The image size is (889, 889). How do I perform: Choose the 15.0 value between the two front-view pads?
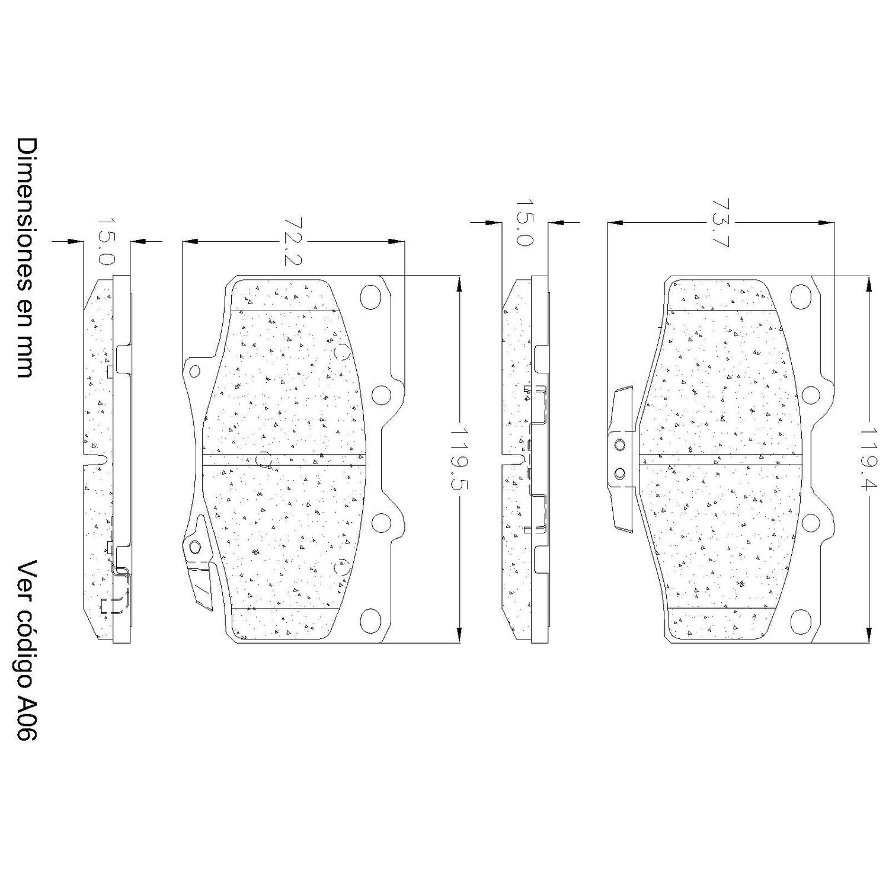pyautogui.click(x=525, y=223)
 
